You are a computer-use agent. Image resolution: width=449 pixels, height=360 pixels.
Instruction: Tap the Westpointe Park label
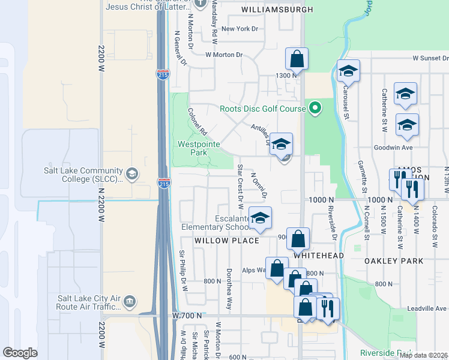pyautogui.click(x=199, y=148)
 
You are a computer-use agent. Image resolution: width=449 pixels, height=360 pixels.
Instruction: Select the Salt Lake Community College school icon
pyautogui.click(x=132, y=174)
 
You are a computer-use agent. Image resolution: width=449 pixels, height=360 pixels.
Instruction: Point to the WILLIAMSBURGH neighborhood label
pyautogui.click(x=277, y=10)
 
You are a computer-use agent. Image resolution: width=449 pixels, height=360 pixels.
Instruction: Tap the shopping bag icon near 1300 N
pyautogui.click(x=297, y=59)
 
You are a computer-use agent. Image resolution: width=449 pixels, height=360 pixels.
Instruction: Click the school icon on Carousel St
pyautogui.click(x=348, y=71)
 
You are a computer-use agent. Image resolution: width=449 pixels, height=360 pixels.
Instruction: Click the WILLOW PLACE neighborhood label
pyautogui.click(x=226, y=241)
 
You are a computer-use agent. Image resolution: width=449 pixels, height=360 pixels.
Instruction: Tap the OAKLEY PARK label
pyautogui.click(x=394, y=261)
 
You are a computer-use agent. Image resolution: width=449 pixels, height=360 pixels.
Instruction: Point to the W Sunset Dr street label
pyautogui.click(x=430, y=59)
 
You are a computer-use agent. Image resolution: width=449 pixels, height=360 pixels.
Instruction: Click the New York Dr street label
pyautogui.click(x=239, y=29)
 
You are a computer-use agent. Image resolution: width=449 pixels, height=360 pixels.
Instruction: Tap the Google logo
pyautogui.click(x=20, y=353)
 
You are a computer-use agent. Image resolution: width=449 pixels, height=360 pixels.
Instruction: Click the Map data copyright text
pyautogui.click(x=423, y=355)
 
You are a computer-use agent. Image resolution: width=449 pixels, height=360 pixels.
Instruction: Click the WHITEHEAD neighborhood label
pyautogui.click(x=318, y=256)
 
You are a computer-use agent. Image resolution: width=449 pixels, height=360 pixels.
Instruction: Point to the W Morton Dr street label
pyautogui.click(x=223, y=55)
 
